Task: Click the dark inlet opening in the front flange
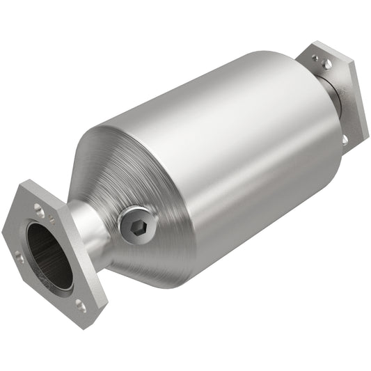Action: coord(50,255)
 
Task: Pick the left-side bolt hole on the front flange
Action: coord(19,258)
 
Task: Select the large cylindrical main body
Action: coord(230,153)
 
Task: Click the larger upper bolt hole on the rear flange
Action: coord(327,64)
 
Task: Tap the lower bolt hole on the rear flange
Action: coord(345,139)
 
